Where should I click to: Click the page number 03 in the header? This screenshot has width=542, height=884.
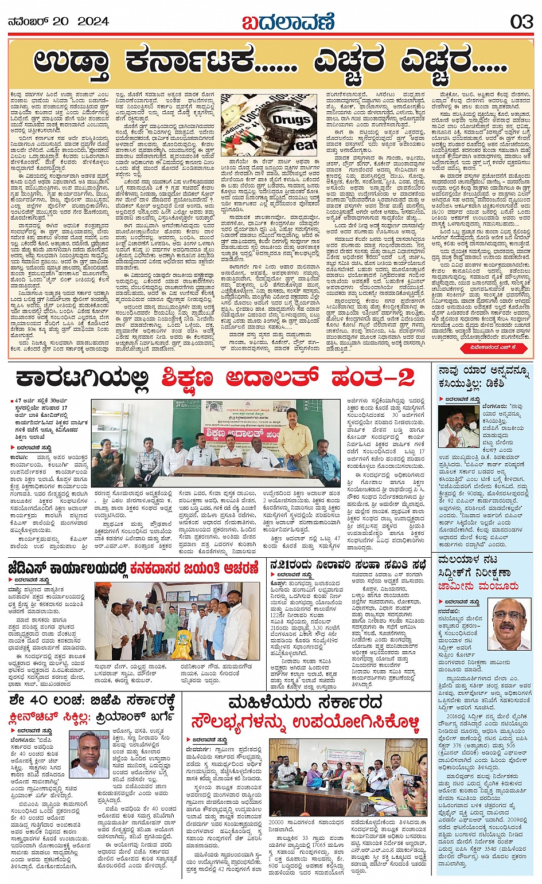[x=521, y=22]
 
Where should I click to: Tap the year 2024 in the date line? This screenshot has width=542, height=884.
[x=93, y=22]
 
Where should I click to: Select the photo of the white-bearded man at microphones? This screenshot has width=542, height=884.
[x=459, y=427]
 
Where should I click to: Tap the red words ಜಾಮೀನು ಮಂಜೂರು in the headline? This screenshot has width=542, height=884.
[x=478, y=586]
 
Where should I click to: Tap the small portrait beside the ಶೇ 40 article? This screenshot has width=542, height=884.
[x=91, y=753]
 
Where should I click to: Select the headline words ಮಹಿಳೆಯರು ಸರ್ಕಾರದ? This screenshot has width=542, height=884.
[x=305, y=703]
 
